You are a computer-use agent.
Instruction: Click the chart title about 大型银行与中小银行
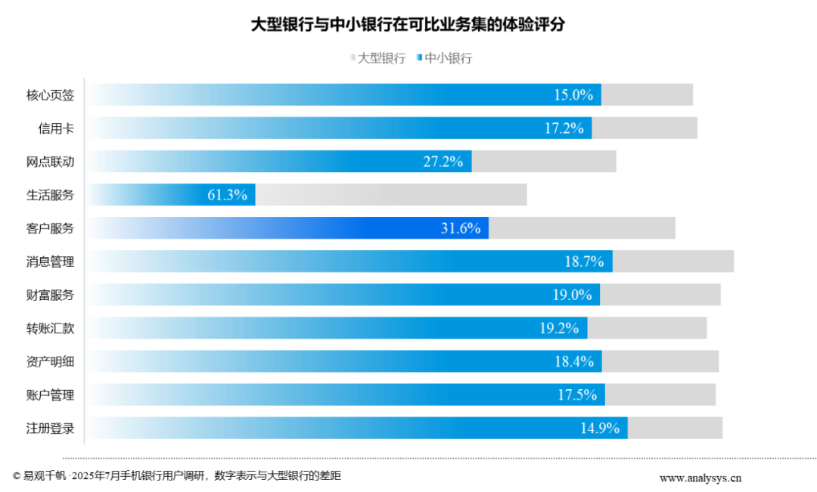pyautogui.click(x=408, y=24)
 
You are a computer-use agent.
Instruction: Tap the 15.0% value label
pyautogui.click(x=573, y=95)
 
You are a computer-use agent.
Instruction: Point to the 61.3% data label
pyautogui.click(x=227, y=195)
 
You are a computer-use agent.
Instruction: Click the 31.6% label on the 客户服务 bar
pyautogui.click(x=461, y=228)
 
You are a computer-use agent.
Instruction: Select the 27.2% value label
pyautogui.click(x=443, y=162)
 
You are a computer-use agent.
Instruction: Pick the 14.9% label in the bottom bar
pyautogui.click(x=600, y=428)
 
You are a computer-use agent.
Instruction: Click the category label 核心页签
pyautogui.click(x=51, y=95)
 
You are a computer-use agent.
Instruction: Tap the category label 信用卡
pyautogui.click(x=57, y=128)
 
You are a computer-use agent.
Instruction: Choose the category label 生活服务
pyautogui.click(x=51, y=195)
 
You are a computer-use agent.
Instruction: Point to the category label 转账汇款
pyautogui.click(x=51, y=328)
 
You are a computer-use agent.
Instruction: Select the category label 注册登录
pyautogui.click(x=51, y=428)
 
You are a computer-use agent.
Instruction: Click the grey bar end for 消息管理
pyautogui.click(x=673, y=261)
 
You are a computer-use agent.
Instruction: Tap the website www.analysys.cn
pyautogui.click(x=701, y=478)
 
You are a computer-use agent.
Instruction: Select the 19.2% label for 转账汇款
pyautogui.click(x=559, y=328)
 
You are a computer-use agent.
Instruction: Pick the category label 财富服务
pyautogui.click(x=51, y=295)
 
